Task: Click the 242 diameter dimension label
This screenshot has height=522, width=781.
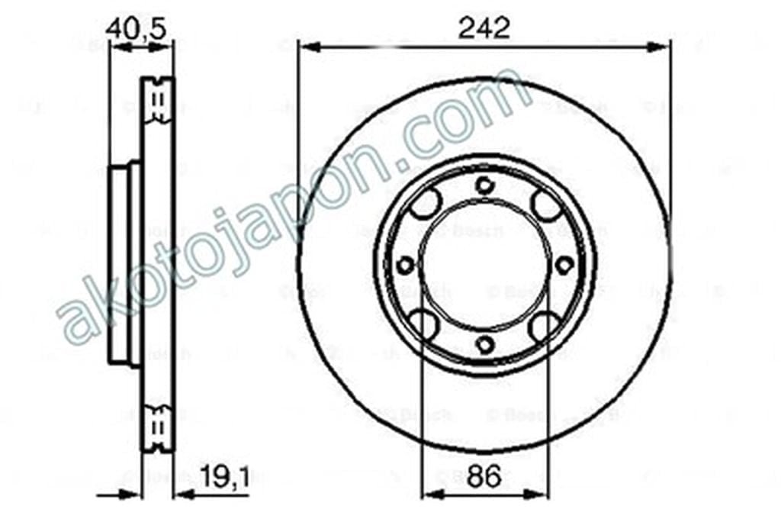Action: tap(484, 28)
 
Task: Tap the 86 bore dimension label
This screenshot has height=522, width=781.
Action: tap(484, 478)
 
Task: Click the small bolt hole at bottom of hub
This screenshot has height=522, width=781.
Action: tap(484, 345)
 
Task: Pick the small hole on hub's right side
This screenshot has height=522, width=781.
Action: tap(564, 266)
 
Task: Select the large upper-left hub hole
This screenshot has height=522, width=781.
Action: tap(425, 204)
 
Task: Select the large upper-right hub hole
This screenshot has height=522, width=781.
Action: tap(545, 204)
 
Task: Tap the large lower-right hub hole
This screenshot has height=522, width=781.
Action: tap(545, 327)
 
